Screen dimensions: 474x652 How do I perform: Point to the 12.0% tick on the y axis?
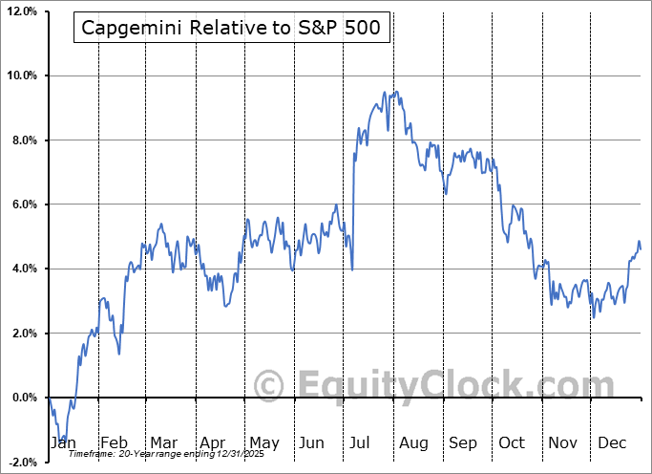click(x=22, y=11)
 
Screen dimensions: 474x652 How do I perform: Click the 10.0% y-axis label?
click(x=22, y=75)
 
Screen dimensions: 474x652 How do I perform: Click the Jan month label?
click(x=62, y=443)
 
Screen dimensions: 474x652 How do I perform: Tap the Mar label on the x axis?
click(x=162, y=443)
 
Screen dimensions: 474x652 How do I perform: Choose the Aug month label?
click(x=414, y=443)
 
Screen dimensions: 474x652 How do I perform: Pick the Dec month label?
click(x=613, y=443)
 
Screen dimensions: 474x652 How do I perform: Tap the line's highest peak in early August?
click(x=385, y=92)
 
